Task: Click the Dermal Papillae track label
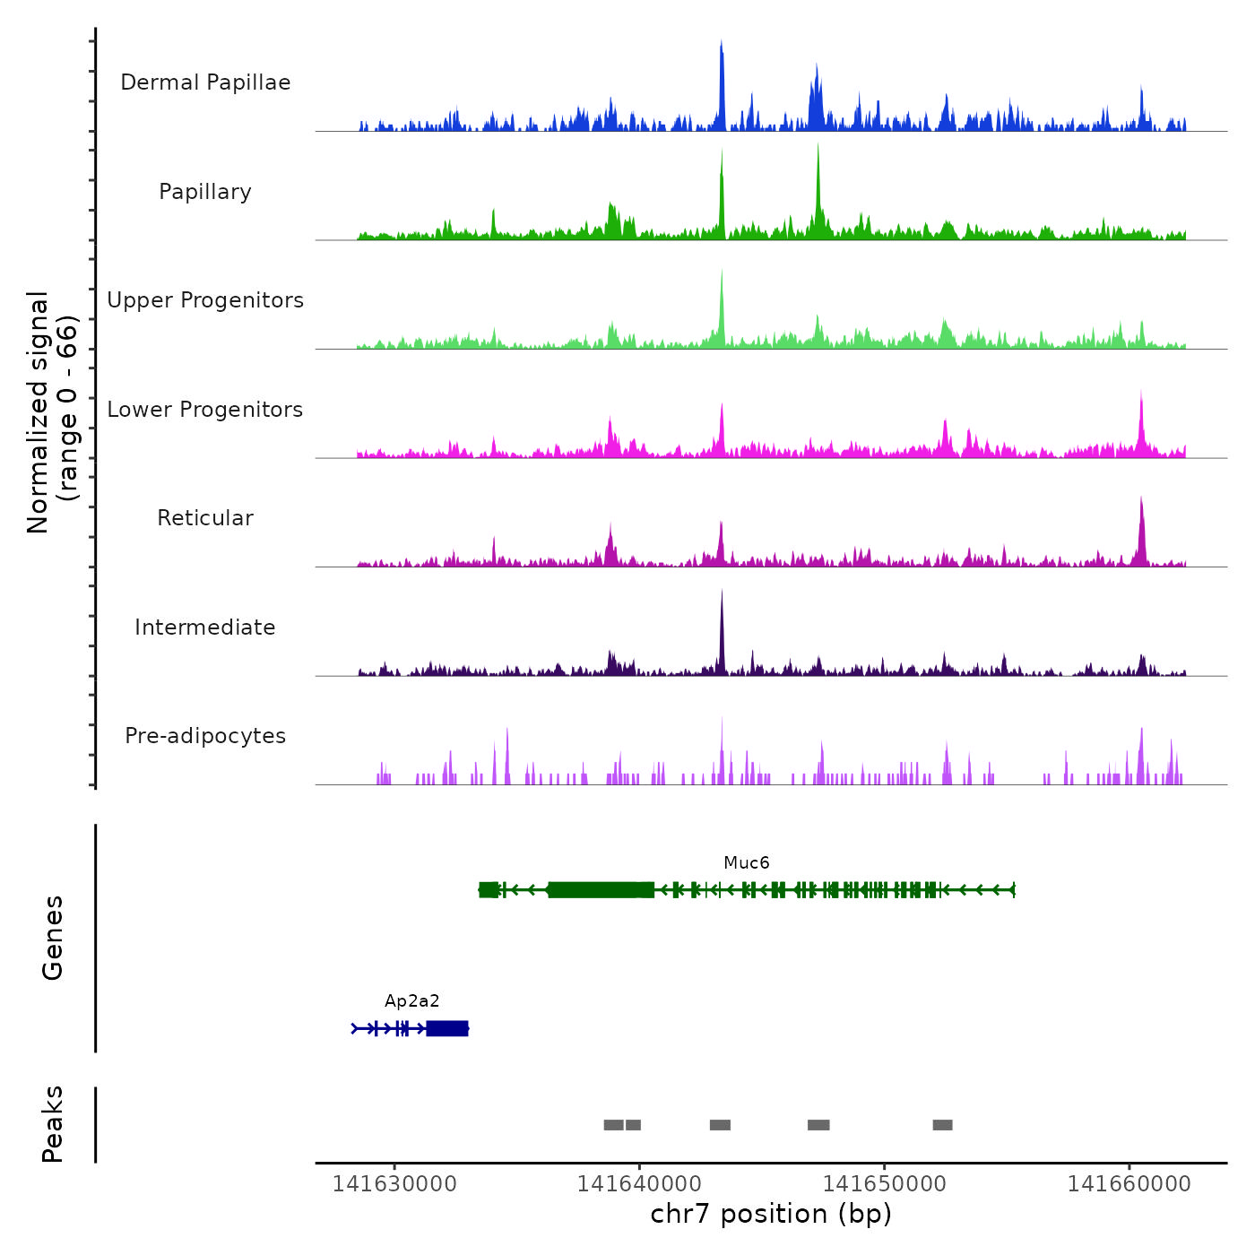[x=205, y=82]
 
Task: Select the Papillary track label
[x=205, y=192]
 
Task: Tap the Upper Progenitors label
[x=205, y=300]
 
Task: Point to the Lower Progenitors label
[x=205, y=410]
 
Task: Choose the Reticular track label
[x=205, y=518]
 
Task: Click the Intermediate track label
[x=205, y=627]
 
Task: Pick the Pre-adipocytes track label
[x=205, y=736]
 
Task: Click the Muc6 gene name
[x=747, y=863]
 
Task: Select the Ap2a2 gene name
[x=412, y=1001]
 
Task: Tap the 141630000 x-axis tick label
[x=394, y=1184]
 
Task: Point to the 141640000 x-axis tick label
[x=639, y=1184]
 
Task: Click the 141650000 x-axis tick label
[x=885, y=1184]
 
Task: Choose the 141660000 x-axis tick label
[x=1129, y=1184]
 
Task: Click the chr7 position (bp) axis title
[x=771, y=1214]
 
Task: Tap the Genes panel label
[x=53, y=938]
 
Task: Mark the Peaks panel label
[x=53, y=1124]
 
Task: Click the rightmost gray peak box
[x=942, y=1125]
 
